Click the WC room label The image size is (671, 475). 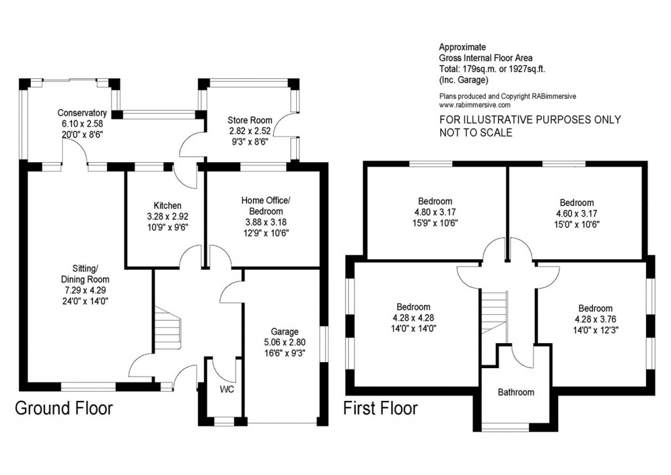click(227, 389)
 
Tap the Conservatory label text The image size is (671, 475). click(82, 113)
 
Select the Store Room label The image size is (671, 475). click(250, 120)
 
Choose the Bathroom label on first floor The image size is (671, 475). click(516, 392)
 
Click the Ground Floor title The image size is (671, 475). click(64, 408)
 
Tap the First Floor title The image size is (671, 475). click(381, 408)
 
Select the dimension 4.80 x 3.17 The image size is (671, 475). click(434, 212)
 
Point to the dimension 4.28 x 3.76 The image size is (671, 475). click(595, 320)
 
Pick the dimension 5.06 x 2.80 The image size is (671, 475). click(284, 342)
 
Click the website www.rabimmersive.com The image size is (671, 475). click(474, 104)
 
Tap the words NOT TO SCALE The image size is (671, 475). click(476, 133)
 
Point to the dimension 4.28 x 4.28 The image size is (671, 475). click(413, 318)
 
